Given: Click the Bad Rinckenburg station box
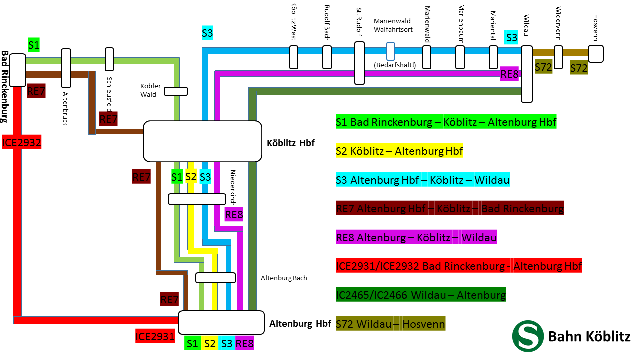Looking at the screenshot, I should point(17,70).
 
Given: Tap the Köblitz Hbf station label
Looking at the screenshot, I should point(291,143).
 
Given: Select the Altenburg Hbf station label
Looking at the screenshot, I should point(300,323).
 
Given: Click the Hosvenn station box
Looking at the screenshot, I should point(595,53).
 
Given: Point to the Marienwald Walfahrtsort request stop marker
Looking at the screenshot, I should point(391,51).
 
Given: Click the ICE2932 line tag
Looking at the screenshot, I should point(21,142).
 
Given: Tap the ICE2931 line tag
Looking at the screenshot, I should point(155,336).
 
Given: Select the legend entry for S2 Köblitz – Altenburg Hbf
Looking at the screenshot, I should point(399,150).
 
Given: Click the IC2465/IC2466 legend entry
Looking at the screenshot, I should point(421,295).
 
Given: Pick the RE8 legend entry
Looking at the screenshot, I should point(416,237).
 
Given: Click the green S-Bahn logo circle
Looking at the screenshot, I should point(528,336).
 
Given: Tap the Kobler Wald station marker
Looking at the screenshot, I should point(176,91).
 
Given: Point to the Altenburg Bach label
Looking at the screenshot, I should point(284,278).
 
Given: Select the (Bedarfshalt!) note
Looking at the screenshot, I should point(394,65).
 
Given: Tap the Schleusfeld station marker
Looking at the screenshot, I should point(109,59).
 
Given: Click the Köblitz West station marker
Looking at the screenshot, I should point(294,57).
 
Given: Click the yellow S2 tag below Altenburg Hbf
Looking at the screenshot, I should point(209,343).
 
